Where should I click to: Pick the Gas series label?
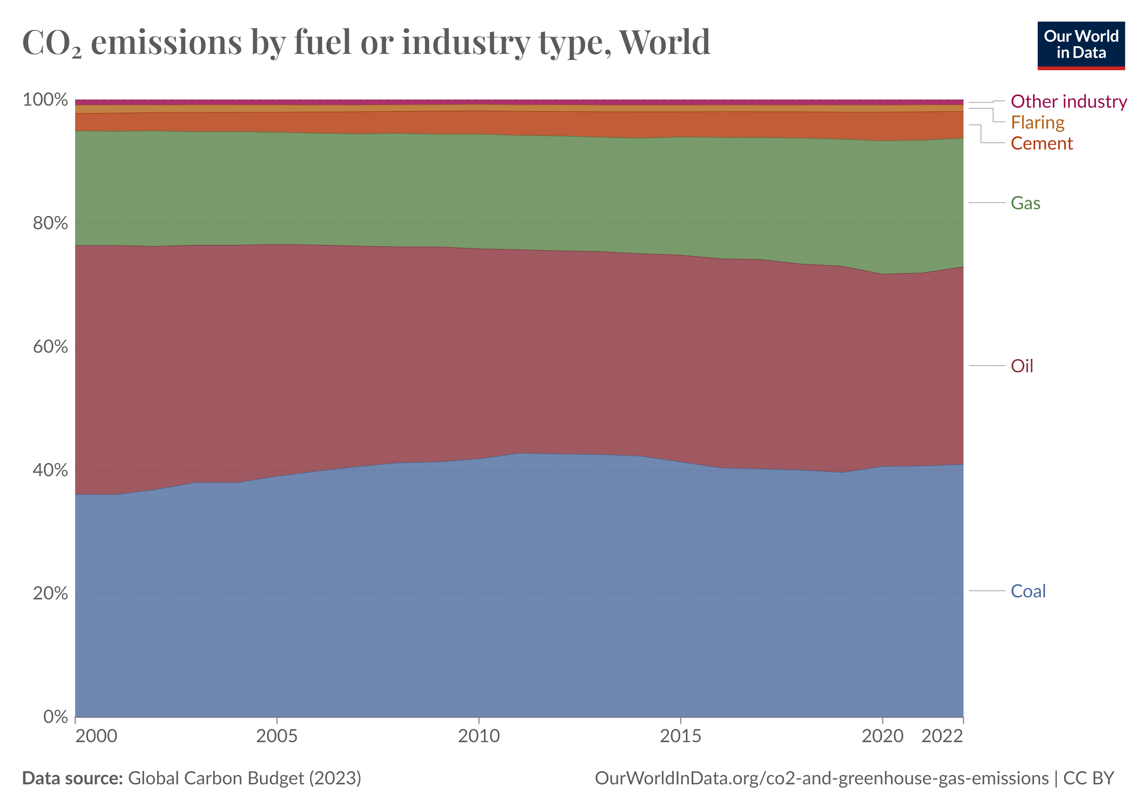pos(1025,203)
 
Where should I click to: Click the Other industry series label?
pos(1069,102)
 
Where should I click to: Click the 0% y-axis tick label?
pos(55,717)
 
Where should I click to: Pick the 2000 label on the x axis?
pos(96,736)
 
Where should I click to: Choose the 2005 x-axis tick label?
pos(277,736)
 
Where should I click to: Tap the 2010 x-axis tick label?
pos(479,736)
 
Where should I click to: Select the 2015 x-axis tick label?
pos(680,736)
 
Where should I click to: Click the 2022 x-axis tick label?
pos(942,736)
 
